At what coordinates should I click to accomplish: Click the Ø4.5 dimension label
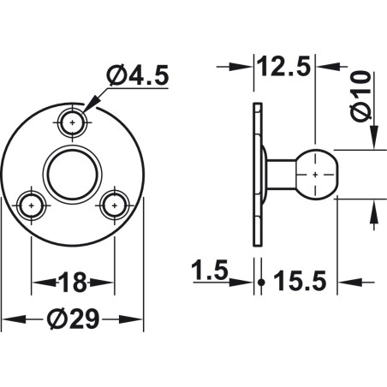click(x=138, y=76)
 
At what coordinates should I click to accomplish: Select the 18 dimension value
click(x=73, y=282)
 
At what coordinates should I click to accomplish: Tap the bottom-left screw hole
click(x=32, y=205)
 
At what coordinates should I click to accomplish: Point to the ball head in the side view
click(x=316, y=174)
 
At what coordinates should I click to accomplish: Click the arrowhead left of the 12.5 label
click(x=244, y=67)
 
